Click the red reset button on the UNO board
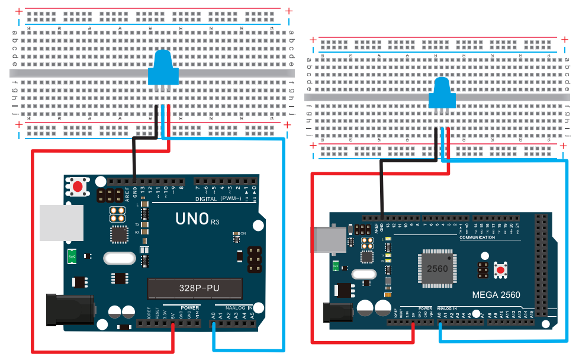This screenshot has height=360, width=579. coord(78,186)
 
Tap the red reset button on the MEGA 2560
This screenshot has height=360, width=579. coord(501,271)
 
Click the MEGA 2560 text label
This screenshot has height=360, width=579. coord(496,295)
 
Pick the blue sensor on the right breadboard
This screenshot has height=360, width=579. coord(441,94)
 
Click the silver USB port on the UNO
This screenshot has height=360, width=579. coord(62,223)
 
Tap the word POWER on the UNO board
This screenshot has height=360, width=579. coord(190,308)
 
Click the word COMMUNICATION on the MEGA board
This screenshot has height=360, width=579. coord(477,237)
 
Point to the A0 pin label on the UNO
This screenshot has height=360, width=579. coord(213,315)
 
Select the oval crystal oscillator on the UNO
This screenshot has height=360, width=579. coord(120,258)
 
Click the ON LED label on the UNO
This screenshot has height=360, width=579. coord(243,233)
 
